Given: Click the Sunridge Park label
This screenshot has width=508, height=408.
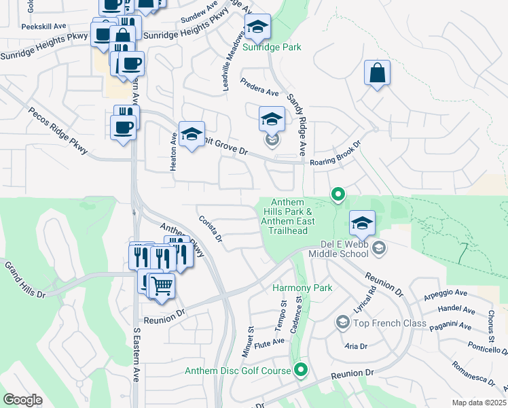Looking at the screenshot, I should click(272, 47).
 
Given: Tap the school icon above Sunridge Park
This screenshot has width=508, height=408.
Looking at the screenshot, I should click(257, 28).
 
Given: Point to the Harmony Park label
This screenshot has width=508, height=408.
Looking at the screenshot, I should click(302, 288).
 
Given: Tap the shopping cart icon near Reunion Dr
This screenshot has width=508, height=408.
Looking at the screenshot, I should click(162, 286).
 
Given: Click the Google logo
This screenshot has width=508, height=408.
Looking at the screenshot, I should click(22, 399).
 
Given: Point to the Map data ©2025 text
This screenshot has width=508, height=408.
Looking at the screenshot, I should click(478, 403).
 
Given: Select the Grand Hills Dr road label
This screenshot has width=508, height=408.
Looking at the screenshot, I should click(24, 279).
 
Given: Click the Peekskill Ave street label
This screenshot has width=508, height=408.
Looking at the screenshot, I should click(43, 26).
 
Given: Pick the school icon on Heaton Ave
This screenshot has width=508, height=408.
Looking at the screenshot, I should click(192, 135).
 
